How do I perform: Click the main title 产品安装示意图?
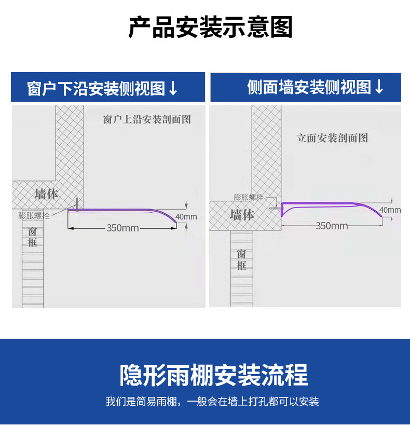[210, 27]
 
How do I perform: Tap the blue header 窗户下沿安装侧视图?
[96, 89]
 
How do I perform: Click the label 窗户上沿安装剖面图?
[147, 120]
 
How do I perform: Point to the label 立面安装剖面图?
[332, 138]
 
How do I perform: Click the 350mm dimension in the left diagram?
[122, 228]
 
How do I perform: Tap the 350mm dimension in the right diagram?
[332, 226]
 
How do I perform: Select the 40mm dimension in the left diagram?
[186, 216]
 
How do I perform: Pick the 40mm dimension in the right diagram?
[390, 210]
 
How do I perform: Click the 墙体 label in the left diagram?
[46, 194]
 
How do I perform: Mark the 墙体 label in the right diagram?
[242, 214]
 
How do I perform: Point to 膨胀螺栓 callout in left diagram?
[34, 215]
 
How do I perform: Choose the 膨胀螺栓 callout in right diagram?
[249, 197]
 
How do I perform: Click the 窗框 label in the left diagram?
[32, 237]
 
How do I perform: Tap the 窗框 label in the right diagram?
[241, 259]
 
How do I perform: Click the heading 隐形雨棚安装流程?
[214, 375]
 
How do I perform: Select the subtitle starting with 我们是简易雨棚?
[212, 402]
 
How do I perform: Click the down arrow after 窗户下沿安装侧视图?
[173, 89]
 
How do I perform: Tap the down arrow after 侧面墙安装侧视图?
[379, 87]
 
